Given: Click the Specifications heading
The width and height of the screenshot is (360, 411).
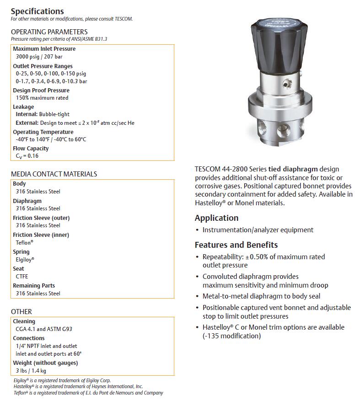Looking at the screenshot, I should pos(38,11).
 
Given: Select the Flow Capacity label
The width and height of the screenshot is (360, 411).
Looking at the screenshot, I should pos(31,149).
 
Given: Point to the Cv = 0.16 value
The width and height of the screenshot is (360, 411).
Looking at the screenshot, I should pos(27,156).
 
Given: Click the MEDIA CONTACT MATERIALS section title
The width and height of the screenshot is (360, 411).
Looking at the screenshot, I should pos(54,174).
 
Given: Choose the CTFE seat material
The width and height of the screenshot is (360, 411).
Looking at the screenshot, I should pos(22,277).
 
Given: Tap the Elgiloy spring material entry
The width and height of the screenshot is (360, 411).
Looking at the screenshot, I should pos(25,259).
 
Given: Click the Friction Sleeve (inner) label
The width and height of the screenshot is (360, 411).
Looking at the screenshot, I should pos(41,235).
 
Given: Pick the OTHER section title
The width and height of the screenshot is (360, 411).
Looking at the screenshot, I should pos(21,312).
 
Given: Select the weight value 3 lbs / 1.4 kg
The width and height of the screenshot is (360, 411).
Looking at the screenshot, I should pos(31,371).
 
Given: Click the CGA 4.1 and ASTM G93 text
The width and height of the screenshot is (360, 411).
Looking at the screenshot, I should pos(43,329).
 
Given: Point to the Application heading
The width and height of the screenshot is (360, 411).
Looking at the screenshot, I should pos(216,218).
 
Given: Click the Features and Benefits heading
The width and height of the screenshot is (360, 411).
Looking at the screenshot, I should pos(236,245).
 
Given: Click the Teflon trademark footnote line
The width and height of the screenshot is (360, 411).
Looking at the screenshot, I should pos(88,393).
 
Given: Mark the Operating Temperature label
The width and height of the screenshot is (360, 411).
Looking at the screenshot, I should pos(43,132).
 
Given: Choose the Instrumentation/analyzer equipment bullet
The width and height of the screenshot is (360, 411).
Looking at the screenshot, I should pos(258,230).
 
